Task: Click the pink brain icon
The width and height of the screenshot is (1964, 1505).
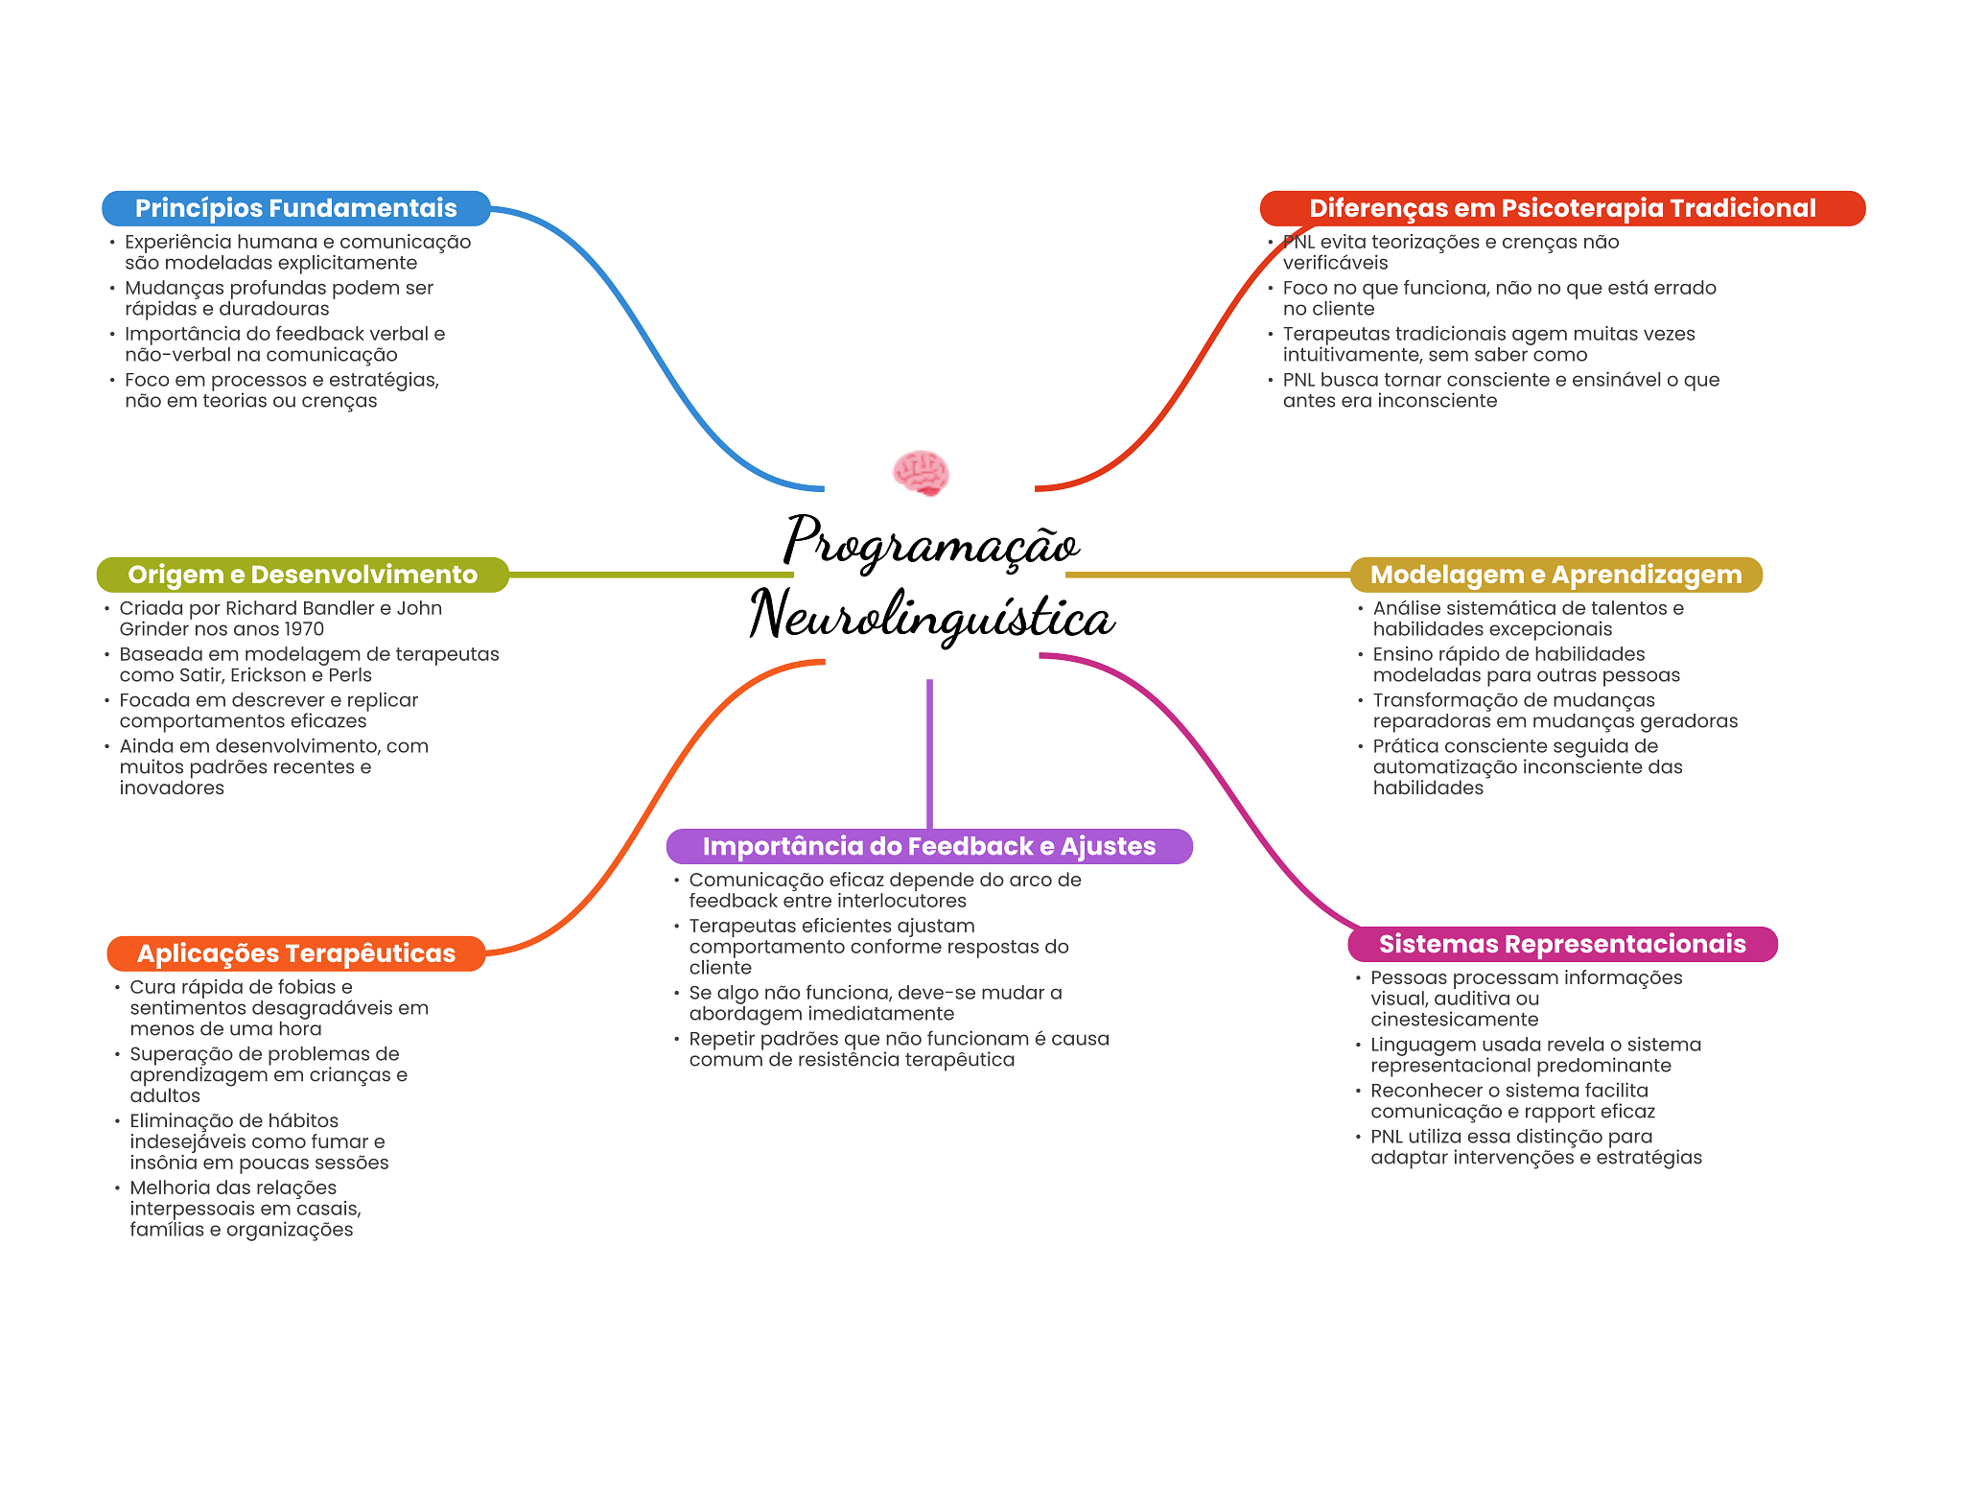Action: click(x=921, y=473)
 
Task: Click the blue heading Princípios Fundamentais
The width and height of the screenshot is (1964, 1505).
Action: click(x=295, y=208)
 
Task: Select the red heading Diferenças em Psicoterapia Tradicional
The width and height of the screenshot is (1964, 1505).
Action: click(x=1561, y=208)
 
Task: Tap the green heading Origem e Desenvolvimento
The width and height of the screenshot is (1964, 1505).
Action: click(x=302, y=575)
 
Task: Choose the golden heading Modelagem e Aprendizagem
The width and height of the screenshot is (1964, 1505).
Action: click(x=1555, y=575)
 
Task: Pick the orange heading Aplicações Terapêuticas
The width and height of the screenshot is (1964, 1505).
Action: click(x=295, y=953)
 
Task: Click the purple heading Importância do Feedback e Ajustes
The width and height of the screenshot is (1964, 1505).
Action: click(x=928, y=846)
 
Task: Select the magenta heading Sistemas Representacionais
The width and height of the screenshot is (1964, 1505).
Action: click(x=1561, y=944)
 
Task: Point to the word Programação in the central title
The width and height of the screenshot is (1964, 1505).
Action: click(x=930, y=542)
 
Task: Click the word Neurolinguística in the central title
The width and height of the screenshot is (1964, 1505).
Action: click(x=930, y=617)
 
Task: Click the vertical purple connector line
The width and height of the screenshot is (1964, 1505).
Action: click(x=929, y=753)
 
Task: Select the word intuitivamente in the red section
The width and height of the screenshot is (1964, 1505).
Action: click(x=1352, y=355)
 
